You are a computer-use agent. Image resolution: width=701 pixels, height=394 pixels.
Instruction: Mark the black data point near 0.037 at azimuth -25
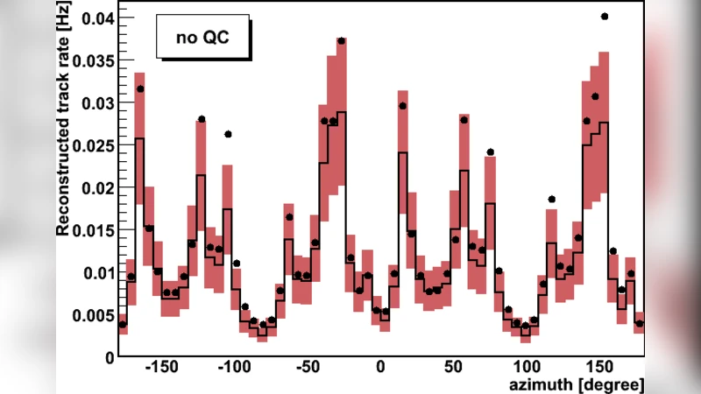[341, 41]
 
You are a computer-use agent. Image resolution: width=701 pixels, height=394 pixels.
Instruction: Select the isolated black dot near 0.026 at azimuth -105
[228, 134]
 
